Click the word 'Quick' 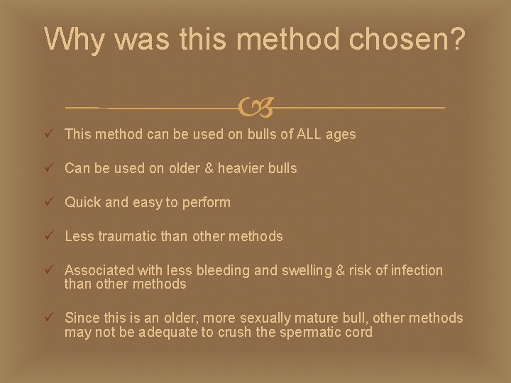pos(83,202)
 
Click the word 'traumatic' pos(130,236)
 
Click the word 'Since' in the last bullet pos(82,318)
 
